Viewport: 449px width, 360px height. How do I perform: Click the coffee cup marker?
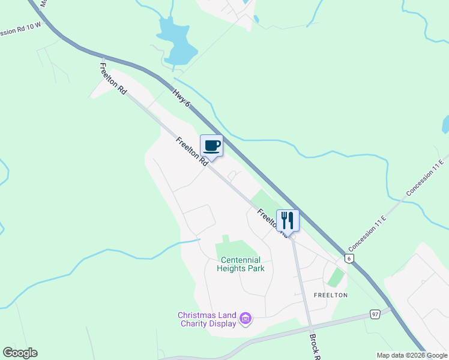pyautogui.click(x=211, y=145)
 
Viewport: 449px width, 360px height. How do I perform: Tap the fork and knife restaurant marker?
pyautogui.click(x=287, y=220)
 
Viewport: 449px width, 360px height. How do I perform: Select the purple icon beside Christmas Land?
pyautogui.click(x=245, y=318)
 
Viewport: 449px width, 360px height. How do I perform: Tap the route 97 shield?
pyautogui.click(x=375, y=314)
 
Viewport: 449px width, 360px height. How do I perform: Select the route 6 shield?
pyautogui.click(x=349, y=258)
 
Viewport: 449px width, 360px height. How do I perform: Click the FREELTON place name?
pyautogui.click(x=330, y=295)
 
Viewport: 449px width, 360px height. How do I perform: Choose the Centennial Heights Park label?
pyautogui.click(x=241, y=264)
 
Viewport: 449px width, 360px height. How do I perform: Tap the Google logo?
pyautogui.click(x=20, y=353)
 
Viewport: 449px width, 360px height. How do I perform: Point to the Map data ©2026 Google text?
pyautogui.click(x=412, y=355)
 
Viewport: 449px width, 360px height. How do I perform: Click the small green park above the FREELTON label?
pyautogui.click(x=336, y=277)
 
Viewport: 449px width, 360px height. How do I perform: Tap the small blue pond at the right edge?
pyautogui.click(x=445, y=125)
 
